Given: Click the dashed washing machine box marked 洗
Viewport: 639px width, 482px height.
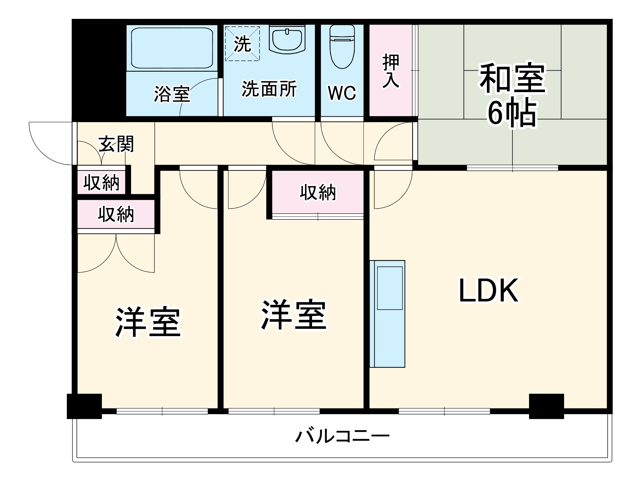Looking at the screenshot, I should tap(242, 43).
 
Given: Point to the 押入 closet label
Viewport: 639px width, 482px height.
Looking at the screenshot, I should tap(391, 71).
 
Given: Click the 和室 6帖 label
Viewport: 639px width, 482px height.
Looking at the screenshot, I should tap(512, 94).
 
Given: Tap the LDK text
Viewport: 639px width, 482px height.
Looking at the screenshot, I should tap(488, 290).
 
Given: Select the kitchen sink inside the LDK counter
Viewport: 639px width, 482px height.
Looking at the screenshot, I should tap(390, 288).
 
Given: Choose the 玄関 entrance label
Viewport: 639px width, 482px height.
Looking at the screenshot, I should tap(116, 144).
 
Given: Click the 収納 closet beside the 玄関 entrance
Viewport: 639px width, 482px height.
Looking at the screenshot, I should tap(101, 183).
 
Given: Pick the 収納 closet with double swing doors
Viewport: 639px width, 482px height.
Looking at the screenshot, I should tap(116, 214).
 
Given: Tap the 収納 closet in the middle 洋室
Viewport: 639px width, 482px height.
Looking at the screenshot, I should tap(318, 193).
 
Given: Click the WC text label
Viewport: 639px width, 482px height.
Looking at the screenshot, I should tap(342, 93).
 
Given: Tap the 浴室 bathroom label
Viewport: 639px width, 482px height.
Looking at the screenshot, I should tap(172, 94).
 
